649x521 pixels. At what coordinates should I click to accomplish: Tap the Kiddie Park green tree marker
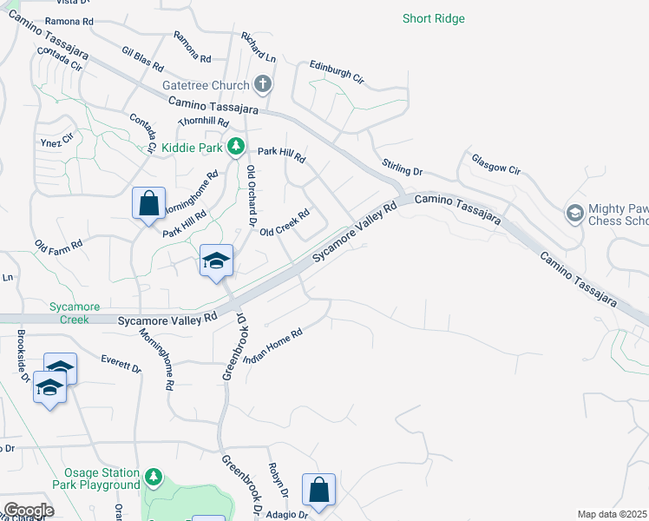click(x=234, y=148)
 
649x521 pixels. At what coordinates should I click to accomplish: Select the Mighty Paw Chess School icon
click(x=574, y=213)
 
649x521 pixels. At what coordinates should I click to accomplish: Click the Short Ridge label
click(x=434, y=18)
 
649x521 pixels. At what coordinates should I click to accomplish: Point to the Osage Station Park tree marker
click(x=153, y=477)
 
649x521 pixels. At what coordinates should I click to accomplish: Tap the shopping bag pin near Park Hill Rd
click(x=148, y=204)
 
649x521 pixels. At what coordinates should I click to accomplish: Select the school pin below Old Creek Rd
click(x=216, y=260)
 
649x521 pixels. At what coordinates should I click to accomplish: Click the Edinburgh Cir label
click(x=337, y=72)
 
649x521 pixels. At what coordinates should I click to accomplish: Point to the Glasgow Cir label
click(x=495, y=164)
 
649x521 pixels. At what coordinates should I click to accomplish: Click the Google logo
click(x=29, y=511)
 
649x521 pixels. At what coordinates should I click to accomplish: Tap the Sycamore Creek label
click(x=75, y=313)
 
